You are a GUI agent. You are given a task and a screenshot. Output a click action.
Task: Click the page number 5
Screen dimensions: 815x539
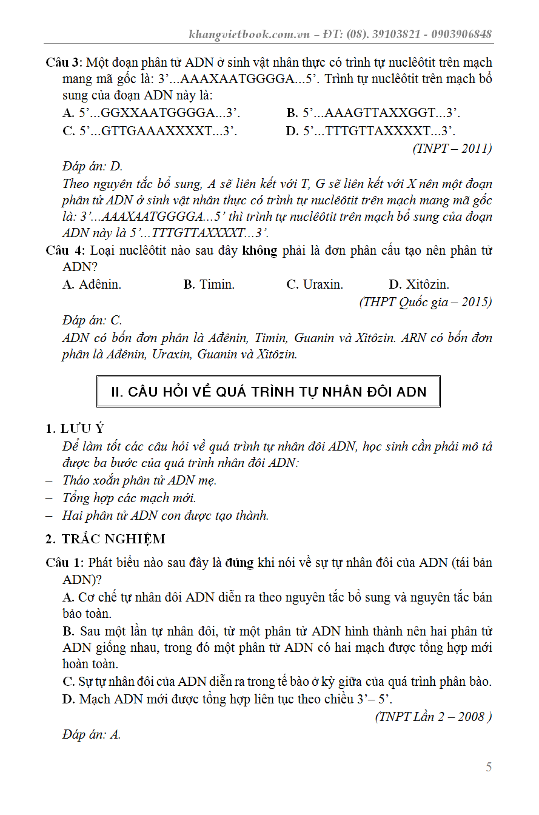[489, 767]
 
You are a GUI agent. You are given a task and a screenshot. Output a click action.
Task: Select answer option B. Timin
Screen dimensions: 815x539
[209, 284]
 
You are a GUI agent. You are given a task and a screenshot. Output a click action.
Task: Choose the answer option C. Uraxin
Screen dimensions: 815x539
[314, 284]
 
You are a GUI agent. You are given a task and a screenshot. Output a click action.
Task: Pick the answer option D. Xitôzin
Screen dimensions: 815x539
[419, 284]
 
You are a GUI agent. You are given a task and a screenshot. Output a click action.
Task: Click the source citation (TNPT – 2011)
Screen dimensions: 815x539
[452, 148]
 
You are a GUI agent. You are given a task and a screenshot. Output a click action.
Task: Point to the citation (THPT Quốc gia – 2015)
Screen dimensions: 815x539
[425, 301]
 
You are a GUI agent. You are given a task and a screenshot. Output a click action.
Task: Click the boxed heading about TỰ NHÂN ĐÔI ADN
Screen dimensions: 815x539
[269, 392]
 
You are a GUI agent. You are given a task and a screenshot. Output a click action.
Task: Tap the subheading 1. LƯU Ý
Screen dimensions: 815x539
[79, 429]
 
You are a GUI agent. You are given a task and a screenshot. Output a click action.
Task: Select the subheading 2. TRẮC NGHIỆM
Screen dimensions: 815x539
[105, 539]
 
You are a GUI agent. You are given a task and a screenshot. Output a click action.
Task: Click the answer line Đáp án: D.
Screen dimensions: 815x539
[92, 166]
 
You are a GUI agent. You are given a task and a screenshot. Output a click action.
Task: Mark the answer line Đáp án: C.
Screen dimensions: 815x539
[92, 320]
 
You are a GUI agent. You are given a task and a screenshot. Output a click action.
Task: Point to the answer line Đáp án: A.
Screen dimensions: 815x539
[92, 735]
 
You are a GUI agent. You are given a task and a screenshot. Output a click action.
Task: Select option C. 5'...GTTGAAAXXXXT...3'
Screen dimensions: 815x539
[150, 131]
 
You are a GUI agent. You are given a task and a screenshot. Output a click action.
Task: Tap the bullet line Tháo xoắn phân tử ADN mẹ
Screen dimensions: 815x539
[139, 480]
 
